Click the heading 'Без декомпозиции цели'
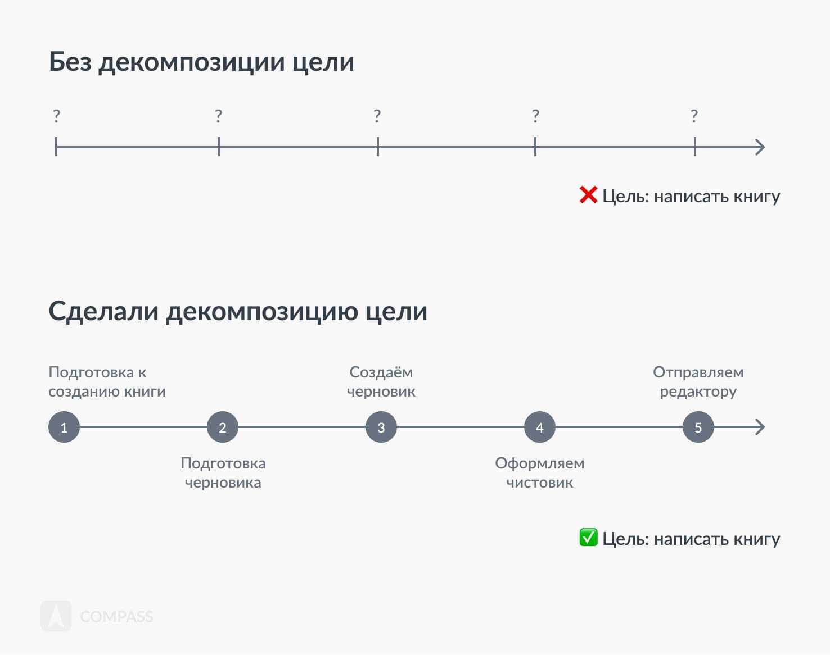click(x=201, y=62)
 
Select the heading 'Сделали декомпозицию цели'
click(x=238, y=311)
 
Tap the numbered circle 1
click(x=64, y=427)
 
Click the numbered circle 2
click(x=223, y=427)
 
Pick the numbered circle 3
click(x=381, y=427)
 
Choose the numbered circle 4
click(x=540, y=427)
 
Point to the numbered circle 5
click(x=698, y=427)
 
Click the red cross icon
click(x=588, y=195)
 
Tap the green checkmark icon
click(x=588, y=538)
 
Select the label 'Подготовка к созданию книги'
click(x=107, y=381)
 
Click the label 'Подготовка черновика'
click(x=223, y=472)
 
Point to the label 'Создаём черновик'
click(x=381, y=381)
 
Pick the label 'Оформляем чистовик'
click(x=540, y=472)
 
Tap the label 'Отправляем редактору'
click(x=698, y=381)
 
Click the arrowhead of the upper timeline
click(x=760, y=147)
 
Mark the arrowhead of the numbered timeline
click(x=760, y=427)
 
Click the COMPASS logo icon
click(x=56, y=616)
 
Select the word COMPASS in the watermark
click(x=116, y=617)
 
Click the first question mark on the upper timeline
click(x=56, y=116)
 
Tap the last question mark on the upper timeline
click(x=694, y=116)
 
